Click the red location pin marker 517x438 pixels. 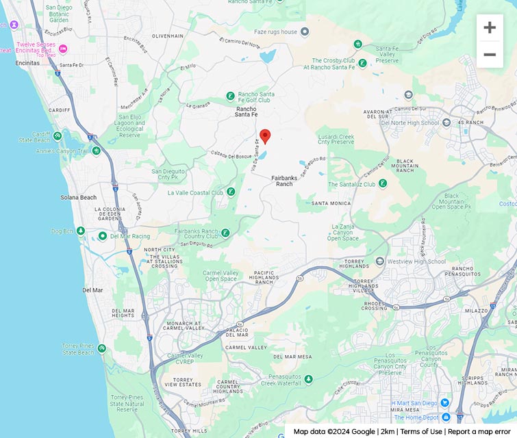click(x=265, y=136)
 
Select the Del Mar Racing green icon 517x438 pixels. click(x=103, y=236)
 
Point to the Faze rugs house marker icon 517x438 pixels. click(x=305, y=31)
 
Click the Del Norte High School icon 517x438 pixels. click(x=446, y=123)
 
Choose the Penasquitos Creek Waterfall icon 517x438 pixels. click(x=308, y=379)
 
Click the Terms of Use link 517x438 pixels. click(x=421, y=431)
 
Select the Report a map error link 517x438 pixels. click(x=479, y=431)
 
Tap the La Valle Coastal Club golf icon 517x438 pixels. click(x=231, y=192)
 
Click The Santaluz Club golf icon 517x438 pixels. click(x=383, y=183)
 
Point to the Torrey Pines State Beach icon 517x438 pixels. click(x=102, y=348)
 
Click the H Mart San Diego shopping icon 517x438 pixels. click(x=445, y=402)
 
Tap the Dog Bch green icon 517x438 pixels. click(x=81, y=231)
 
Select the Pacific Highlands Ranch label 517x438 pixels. click(x=254, y=277)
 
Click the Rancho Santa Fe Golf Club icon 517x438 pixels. click(x=231, y=96)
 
